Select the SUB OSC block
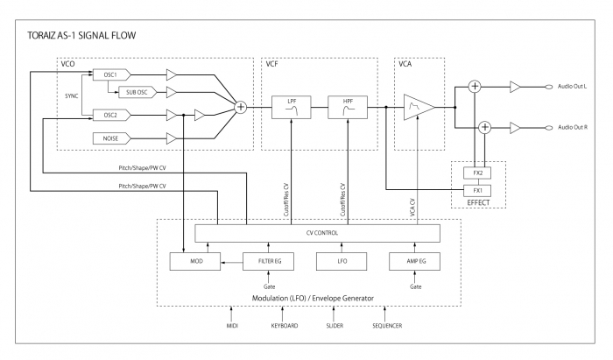[x=136, y=91]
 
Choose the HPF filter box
[x=345, y=107]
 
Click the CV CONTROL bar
[x=317, y=233]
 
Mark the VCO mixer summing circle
[x=241, y=107]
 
